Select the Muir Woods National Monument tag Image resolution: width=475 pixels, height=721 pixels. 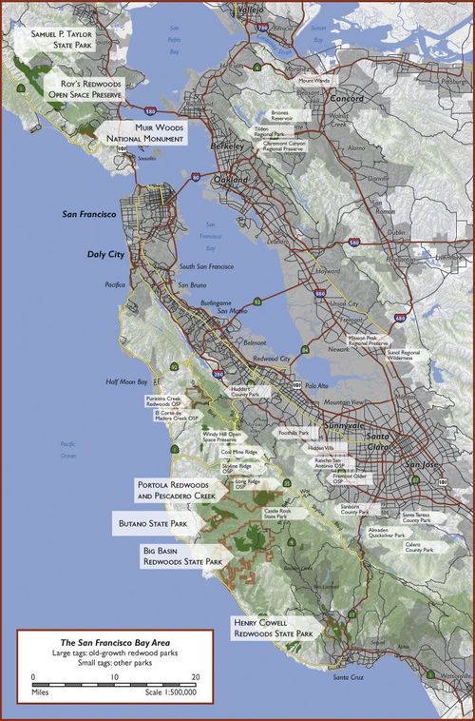coord(148,133)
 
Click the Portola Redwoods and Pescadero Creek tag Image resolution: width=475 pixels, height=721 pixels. coord(176,490)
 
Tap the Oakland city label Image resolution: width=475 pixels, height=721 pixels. coord(231,180)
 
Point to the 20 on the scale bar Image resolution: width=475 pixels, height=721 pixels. coord(194,677)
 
